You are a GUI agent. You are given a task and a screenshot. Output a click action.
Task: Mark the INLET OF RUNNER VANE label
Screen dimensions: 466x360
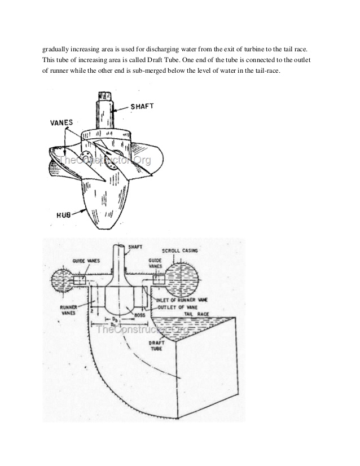tap(181, 300)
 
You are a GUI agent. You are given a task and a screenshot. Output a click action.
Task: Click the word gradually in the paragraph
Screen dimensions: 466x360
tap(58, 49)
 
